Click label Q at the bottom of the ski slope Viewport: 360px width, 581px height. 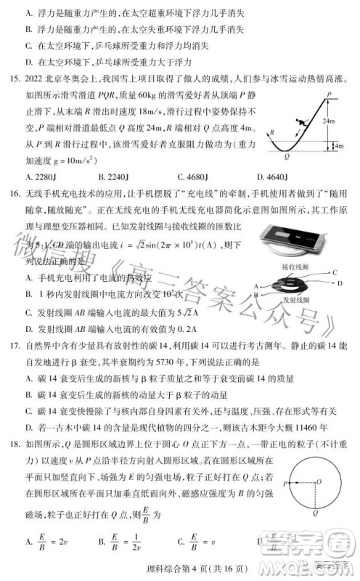[x=288, y=157]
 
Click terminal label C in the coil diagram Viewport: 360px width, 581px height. [x=335, y=271]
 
